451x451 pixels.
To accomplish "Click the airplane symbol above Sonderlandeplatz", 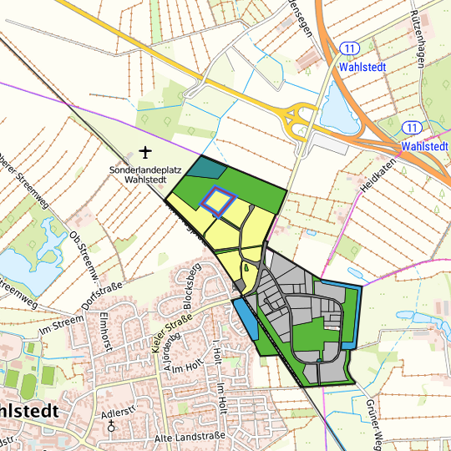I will point(146,153).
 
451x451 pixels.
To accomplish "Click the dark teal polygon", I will point(206,167).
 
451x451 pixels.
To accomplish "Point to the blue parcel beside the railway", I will point(245,317).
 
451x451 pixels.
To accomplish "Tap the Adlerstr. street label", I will point(118,413).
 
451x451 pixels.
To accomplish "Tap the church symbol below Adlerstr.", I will point(113,427).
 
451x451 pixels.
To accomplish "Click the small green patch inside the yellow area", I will point(248,269).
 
